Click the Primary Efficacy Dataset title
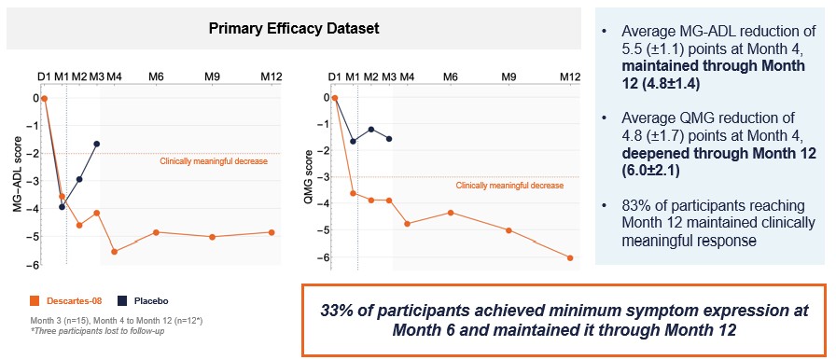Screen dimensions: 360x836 click(293, 29)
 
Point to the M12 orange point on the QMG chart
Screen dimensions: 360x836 click(570, 258)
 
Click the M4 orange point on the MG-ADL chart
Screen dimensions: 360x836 click(115, 252)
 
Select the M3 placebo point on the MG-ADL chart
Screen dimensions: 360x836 click(96, 144)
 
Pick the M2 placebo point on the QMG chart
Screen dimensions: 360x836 click(370, 130)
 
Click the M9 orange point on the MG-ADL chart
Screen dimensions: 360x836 click(213, 237)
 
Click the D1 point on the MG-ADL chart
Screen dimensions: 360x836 click(44, 97)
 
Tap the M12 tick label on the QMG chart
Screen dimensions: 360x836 click(568, 76)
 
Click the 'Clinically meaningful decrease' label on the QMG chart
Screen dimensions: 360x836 click(509, 186)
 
